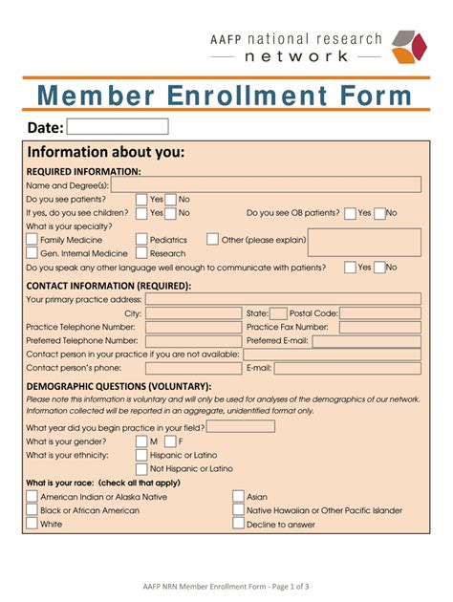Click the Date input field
coord(118,126)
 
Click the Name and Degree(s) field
coord(267,184)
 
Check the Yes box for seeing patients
coord(141,199)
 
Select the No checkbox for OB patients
coord(379,213)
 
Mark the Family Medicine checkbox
coord(32,240)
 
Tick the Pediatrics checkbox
coord(141,240)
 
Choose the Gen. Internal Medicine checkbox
coord(32,253)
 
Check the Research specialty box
coord(141,253)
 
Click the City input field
coord(193,312)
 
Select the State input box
coord(278,312)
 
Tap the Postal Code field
coord(380,312)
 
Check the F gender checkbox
coord(169,441)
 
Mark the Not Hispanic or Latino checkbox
coord(141,469)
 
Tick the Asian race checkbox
coord(238,497)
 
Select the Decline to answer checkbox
coord(238,524)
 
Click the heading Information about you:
coord(106,153)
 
